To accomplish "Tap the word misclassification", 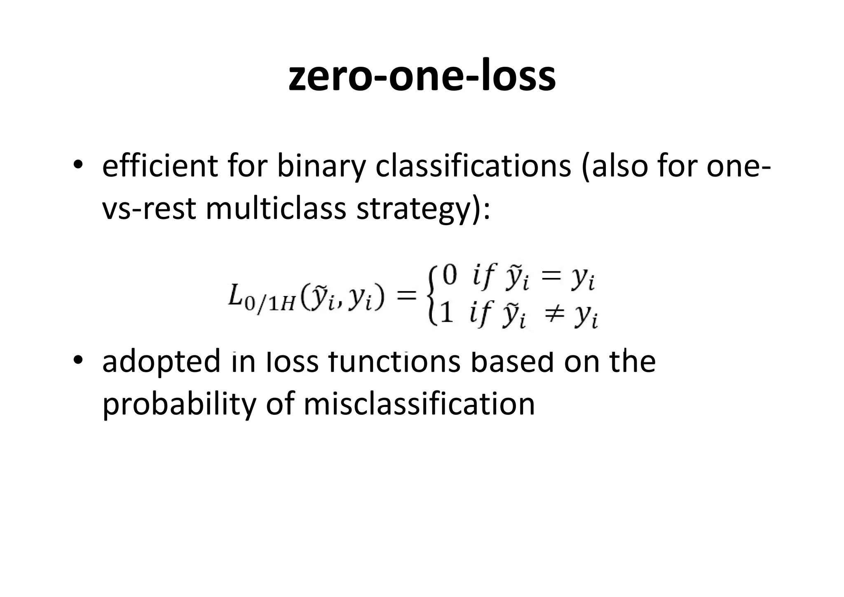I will [419, 404].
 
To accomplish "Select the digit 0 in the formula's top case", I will [450, 275].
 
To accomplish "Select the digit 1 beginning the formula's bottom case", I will [447, 314].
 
